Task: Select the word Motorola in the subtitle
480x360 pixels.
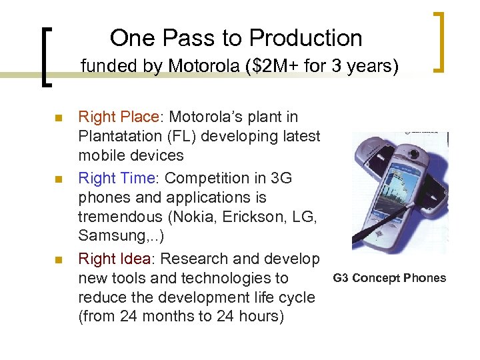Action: (x=195, y=67)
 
